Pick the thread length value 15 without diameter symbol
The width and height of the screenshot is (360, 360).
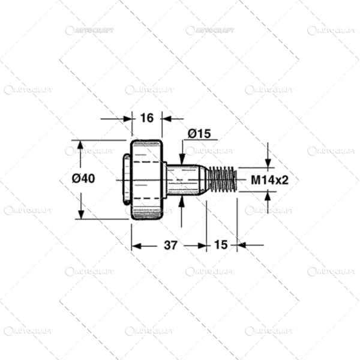(x=221, y=245)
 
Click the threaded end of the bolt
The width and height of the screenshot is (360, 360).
(x=223, y=178)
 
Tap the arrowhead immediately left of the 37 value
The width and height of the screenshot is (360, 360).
(x=137, y=245)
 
